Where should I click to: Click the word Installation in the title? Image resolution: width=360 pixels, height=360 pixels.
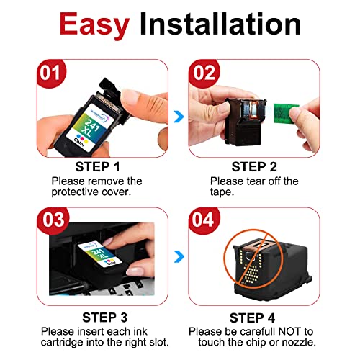220,24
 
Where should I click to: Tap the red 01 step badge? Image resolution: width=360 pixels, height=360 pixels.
51,73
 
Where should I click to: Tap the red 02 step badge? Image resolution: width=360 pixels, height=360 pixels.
204,73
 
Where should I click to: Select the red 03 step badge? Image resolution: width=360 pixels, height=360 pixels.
53,220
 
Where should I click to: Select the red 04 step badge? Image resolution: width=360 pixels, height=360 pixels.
204,220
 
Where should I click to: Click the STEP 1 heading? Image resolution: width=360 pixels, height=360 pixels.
97,167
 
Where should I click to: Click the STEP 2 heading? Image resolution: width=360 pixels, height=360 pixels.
254,167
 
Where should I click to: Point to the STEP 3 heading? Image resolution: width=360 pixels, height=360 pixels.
105,318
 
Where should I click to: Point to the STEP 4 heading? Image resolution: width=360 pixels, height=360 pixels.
252,318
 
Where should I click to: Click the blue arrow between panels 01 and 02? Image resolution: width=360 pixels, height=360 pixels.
179,117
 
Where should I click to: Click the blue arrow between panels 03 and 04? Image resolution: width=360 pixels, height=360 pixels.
179,256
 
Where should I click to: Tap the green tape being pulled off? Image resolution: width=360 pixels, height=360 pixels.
286,114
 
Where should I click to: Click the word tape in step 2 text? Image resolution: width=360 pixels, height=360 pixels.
222,192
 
